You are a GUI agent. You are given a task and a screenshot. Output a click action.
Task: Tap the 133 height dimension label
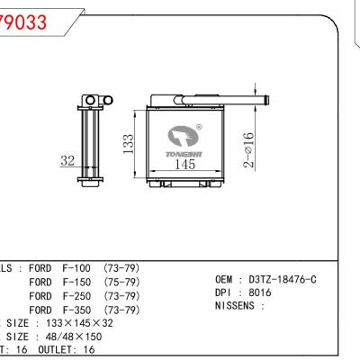coord(129,142)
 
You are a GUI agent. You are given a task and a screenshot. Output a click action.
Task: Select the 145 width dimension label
coord(184,164)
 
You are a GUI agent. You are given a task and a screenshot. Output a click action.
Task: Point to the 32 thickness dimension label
coord(67,161)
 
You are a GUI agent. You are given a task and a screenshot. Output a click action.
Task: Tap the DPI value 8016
coord(261,292)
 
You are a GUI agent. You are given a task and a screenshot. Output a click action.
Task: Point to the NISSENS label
coord(241,306)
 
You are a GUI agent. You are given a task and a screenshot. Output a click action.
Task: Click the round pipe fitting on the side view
coord(91,99)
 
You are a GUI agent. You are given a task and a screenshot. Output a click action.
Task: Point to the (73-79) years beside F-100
coord(121,268)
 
